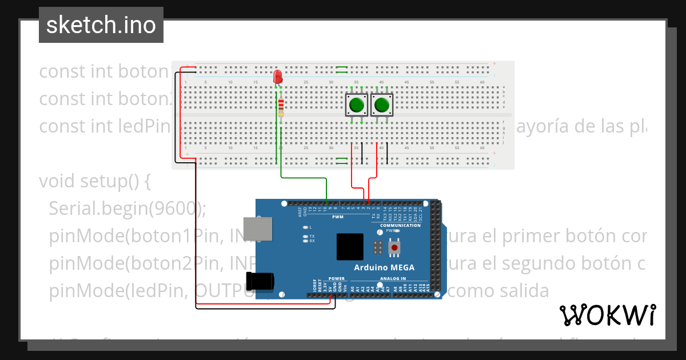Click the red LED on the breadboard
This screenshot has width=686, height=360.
[x=278, y=77]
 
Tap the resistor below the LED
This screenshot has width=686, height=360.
[x=281, y=107]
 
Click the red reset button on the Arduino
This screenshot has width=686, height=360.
[x=394, y=247]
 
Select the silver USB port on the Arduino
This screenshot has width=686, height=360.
[x=257, y=229]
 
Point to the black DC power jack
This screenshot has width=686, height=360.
[x=260, y=281]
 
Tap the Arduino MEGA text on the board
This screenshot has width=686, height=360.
[x=384, y=267]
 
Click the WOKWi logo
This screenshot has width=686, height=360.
[x=607, y=315]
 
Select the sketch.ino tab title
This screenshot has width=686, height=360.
[x=101, y=25]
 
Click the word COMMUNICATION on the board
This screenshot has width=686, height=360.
[x=400, y=225]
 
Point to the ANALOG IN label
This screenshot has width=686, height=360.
[x=393, y=279]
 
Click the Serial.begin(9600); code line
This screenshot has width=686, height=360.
[x=127, y=209]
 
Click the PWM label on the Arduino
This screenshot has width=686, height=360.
[x=338, y=217]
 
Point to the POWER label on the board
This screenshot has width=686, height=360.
[x=337, y=279]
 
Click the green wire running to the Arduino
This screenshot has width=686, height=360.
[x=303, y=178]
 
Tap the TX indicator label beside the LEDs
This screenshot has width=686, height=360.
[x=312, y=236]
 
